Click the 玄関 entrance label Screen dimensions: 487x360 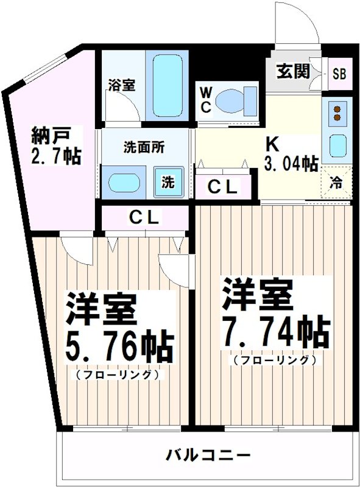click(x=292, y=72)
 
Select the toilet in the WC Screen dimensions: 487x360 click(x=238, y=100)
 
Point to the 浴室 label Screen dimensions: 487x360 click(x=121, y=85)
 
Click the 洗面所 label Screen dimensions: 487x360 click(x=143, y=147)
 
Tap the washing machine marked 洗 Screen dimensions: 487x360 click(x=167, y=181)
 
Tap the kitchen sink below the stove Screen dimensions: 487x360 click(x=336, y=145)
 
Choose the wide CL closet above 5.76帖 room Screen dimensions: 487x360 click(x=144, y=217)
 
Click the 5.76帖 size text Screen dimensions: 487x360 click(x=119, y=346)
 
